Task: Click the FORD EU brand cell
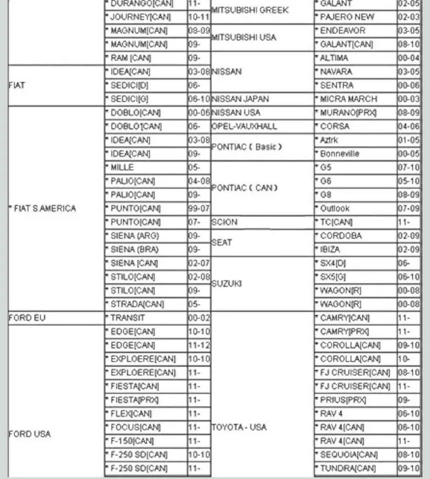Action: (x=27, y=317)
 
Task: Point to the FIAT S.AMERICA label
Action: (x=43, y=208)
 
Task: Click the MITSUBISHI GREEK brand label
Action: (x=250, y=10)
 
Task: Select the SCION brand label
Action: (x=224, y=222)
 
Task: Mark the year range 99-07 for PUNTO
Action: (x=198, y=208)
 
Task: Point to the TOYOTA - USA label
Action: (x=239, y=427)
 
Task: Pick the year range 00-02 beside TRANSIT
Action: (x=198, y=317)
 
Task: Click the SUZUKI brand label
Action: (x=227, y=283)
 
